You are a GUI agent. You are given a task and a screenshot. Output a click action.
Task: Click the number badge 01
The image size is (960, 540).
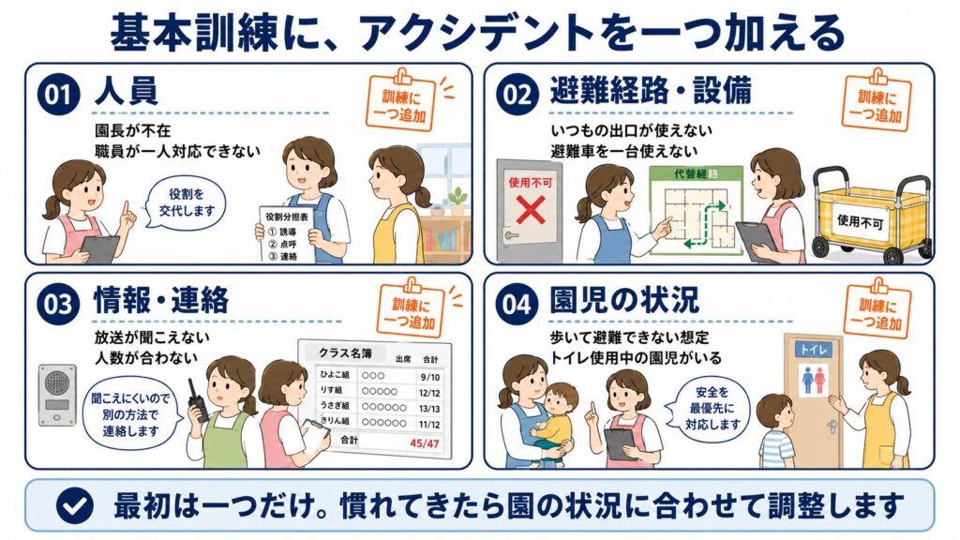click(58, 95)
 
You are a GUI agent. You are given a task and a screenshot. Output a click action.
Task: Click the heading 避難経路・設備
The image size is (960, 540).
click(651, 92)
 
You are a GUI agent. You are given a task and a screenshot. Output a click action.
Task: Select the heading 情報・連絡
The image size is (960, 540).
click(161, 301)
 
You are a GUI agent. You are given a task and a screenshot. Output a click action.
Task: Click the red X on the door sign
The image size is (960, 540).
click(531, 211)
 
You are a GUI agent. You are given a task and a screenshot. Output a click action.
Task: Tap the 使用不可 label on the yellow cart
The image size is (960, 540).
click(861, 221)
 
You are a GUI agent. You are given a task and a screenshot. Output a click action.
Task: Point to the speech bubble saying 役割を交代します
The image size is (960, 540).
click(186, 202)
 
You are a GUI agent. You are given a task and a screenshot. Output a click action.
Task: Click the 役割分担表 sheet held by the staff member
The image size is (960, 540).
click(286, 234)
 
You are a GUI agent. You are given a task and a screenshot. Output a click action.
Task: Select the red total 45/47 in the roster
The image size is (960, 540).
click(425, 443)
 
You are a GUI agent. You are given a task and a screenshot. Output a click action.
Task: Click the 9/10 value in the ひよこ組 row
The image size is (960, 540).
click(429, 377)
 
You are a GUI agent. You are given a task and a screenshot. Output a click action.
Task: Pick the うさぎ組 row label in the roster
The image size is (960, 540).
click(335, 407)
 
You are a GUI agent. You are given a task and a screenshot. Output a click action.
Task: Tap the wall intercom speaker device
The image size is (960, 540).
click(57, 395)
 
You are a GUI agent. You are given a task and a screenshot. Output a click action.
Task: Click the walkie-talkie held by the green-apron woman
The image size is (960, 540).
click(197, 402)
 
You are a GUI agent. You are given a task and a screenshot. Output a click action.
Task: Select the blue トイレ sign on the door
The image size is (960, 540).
click(813, 350)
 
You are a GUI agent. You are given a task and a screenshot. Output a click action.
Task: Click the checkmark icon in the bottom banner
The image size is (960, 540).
click(75, 505)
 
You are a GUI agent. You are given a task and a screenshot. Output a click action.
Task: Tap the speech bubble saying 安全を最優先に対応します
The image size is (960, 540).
click(711, 409)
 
